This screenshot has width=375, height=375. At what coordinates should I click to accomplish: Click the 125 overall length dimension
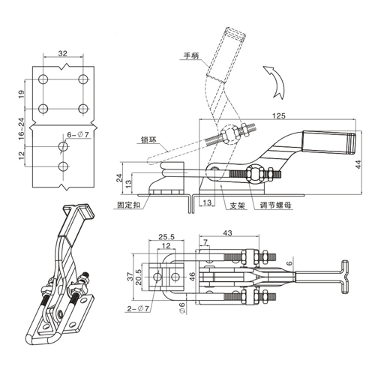[279, 115]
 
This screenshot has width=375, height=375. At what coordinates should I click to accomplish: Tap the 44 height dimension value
[358, 164]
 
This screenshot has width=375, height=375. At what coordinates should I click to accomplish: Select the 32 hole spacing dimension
[63, 53]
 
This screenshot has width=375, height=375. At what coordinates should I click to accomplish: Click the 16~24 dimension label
[22, 127]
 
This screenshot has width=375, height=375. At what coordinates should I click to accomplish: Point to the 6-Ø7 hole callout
[78, 135]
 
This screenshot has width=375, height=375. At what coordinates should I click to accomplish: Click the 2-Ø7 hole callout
[138, 309]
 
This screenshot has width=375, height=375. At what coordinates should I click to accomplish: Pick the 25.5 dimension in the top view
[166, 236]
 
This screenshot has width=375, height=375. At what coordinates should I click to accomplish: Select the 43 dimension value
[227, 233]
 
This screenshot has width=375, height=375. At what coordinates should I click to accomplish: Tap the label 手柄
[191, 55]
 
